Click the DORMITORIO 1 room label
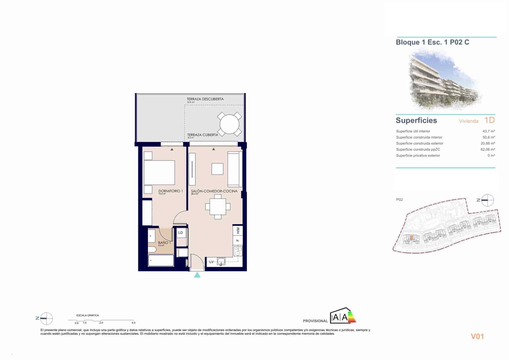[171, 191]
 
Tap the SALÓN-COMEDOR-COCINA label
[214, 191]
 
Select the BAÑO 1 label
[164, 243]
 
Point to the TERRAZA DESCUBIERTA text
[205, 99]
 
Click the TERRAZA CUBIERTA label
[203, 135]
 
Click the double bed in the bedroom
[159, 173]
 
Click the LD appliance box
[181, 233]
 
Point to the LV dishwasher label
[212, 262]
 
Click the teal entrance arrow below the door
[197, 275]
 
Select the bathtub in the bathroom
[161, 261]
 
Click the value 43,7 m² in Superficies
[488, 131]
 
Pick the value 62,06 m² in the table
[487, 149]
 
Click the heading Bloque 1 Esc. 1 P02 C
[432, 42]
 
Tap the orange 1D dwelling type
[489, 120]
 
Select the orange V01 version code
[477, 336]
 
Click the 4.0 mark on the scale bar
[134, 322]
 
